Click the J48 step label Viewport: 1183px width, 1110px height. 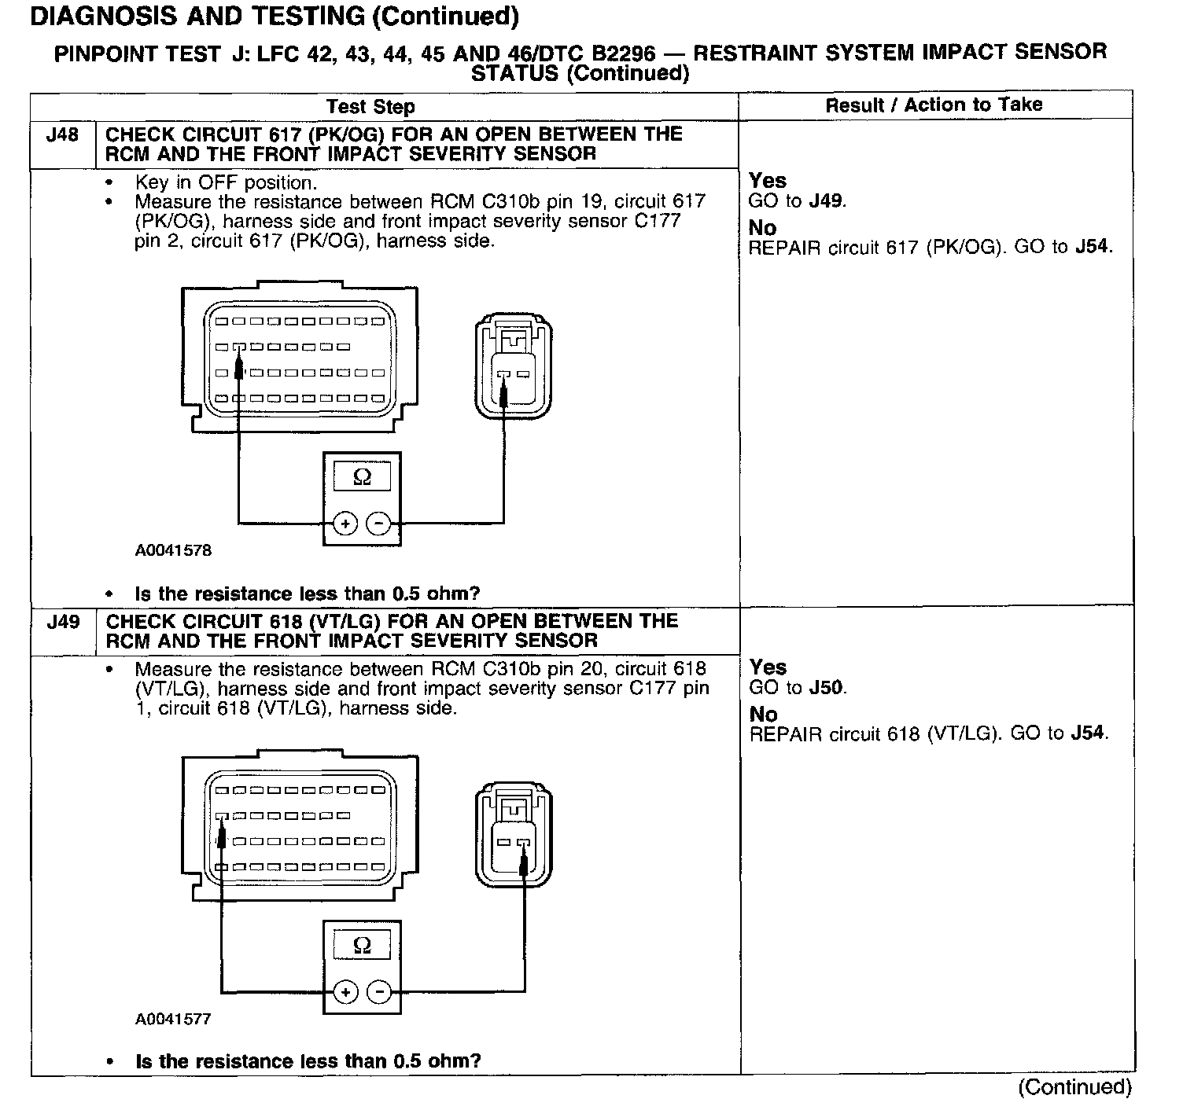[62, 134]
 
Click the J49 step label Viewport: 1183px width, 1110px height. [62, 622]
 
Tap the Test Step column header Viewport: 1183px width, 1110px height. [370, 106]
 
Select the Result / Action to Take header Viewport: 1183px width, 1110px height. [934, 105]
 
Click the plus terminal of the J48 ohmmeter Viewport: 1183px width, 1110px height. [345, 523]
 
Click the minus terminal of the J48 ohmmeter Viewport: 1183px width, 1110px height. [380, 523]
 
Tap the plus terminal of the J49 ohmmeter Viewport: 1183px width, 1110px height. [345, 992]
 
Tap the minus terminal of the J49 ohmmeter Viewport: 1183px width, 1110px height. [380, 992]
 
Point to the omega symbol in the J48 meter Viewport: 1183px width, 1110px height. [362, 476]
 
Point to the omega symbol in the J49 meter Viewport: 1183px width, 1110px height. [362, 945]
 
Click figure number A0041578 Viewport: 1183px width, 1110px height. [173, 550]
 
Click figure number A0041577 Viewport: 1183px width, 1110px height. [173, 1019]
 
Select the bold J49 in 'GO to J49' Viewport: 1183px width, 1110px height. [827, 201]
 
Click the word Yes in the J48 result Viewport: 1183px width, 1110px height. [768, 181]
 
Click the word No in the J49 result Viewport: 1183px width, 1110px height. [763, 715]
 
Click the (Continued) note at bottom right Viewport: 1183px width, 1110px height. [1074, 1087]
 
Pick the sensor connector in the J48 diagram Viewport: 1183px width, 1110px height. [514, 368]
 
